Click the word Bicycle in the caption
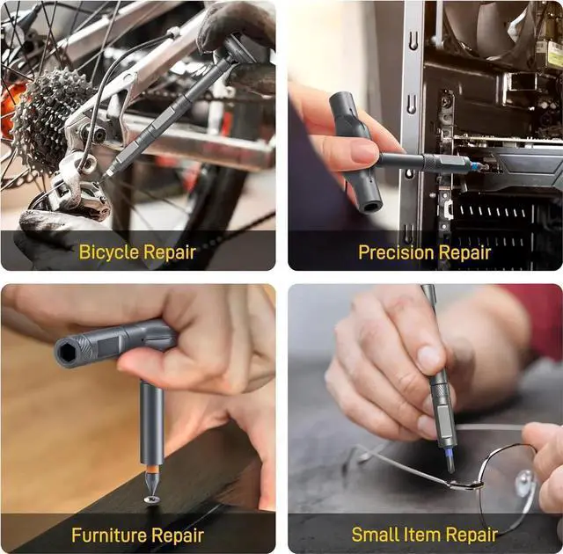[108, 252]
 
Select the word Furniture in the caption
[108, 535]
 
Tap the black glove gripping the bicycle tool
[233, 26]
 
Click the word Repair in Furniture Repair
[177, 535]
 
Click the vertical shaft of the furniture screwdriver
[151, 422]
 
